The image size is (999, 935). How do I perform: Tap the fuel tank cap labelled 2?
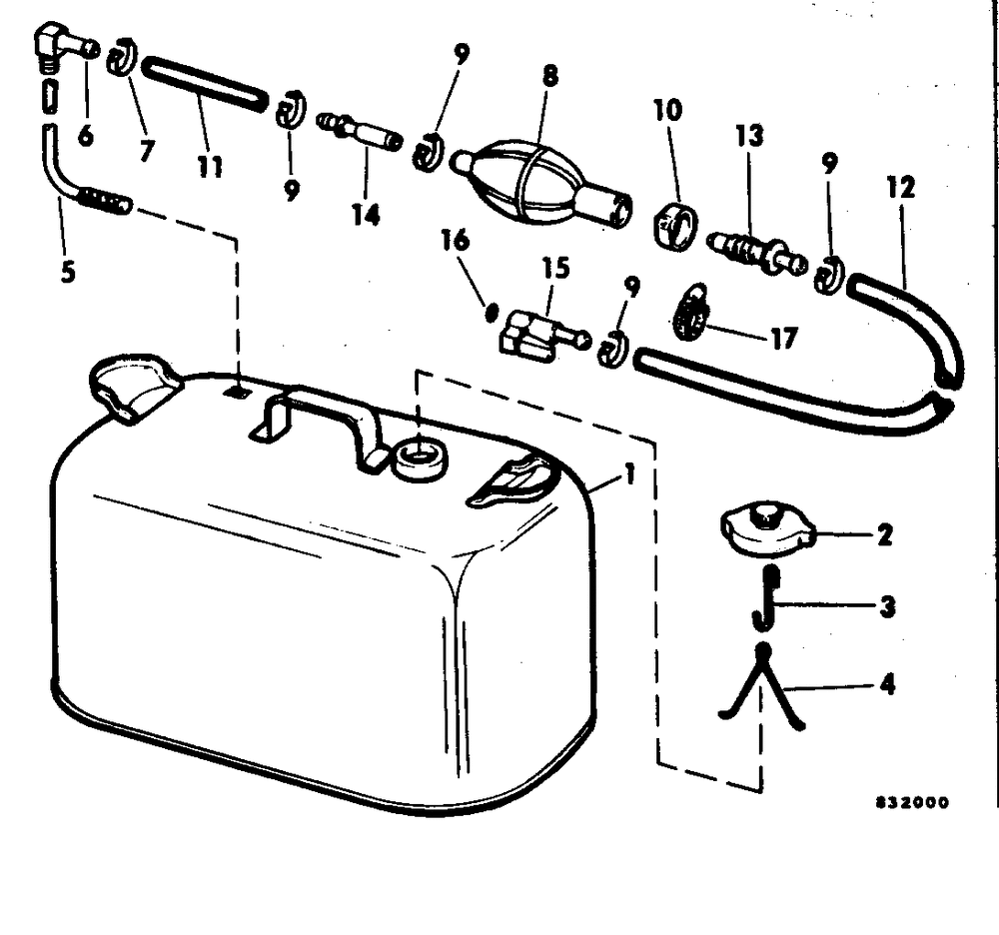coord(766,530)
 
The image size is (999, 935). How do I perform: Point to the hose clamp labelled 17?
coord(690,311)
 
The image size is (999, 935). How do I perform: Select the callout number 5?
coord(66,271)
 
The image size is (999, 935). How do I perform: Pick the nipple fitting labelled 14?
coord(360,133)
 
